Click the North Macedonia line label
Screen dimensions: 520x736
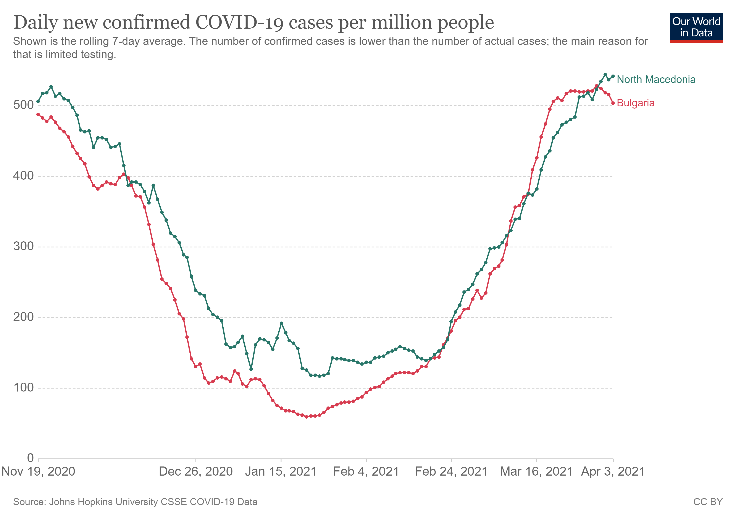point(656,80)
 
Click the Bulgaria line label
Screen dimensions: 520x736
point(635,103)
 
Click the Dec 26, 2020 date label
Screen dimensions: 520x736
point(196,471)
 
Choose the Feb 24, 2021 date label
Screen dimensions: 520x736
point(451,471)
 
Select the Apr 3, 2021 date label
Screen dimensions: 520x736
point(613,471)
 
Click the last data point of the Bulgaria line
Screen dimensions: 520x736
point(613,103)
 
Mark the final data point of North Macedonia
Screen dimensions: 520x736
point(613,76)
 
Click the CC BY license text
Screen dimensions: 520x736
point(708,502)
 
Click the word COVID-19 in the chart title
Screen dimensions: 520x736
point(239,23)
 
